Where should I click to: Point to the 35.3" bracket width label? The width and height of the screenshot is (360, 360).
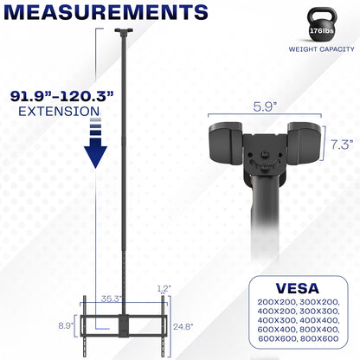(108, 299)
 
